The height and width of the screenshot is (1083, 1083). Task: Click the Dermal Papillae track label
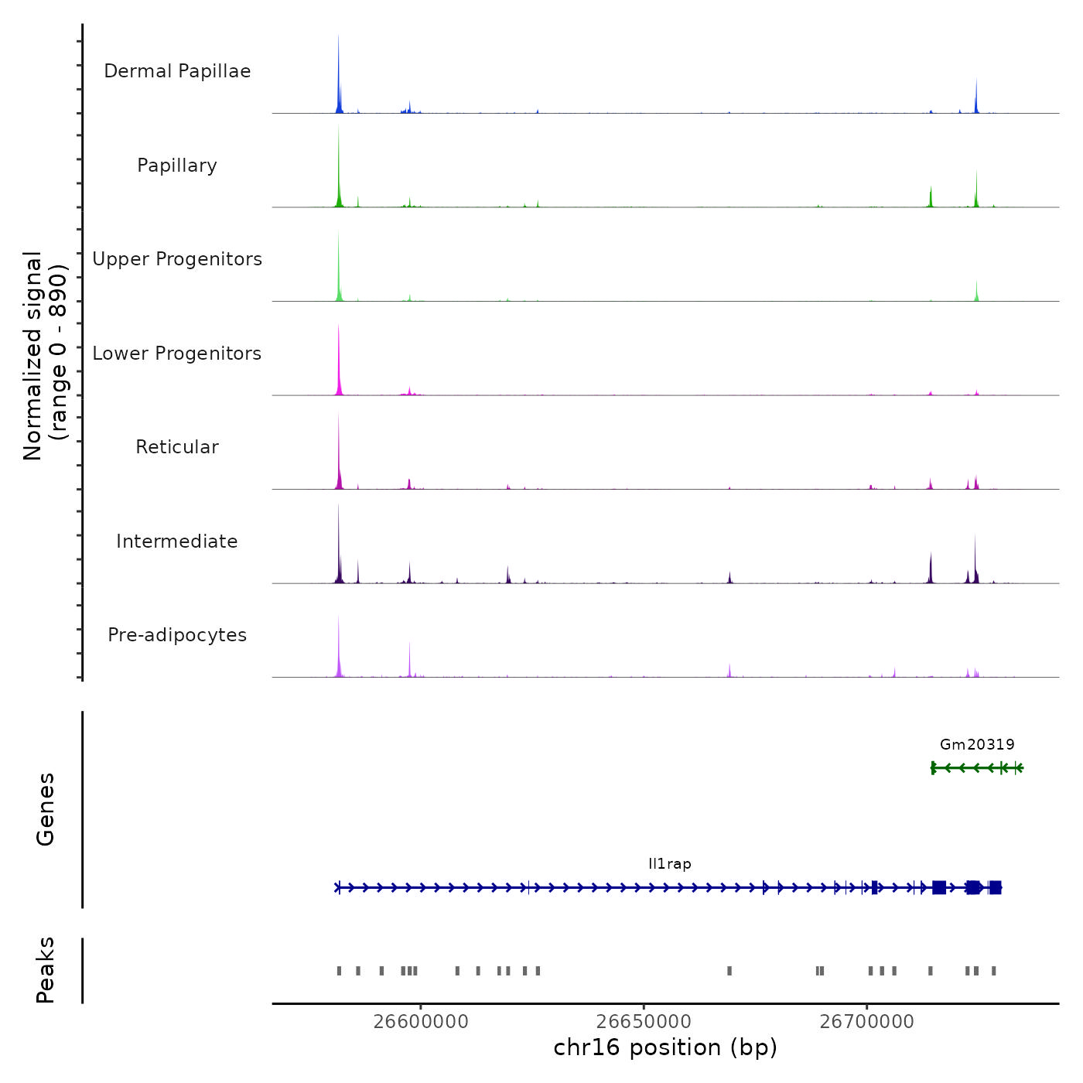click(177, 71)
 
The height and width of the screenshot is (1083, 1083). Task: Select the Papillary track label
click(177, 166)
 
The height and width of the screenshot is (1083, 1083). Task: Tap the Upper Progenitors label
click(177, 259)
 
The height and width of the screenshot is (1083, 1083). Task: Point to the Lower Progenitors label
click(177, 354)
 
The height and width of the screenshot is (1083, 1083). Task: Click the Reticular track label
click(177, 447)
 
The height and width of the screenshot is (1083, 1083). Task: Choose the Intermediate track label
click(177, 541)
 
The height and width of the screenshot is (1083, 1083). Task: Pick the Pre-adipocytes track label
click(177, 635)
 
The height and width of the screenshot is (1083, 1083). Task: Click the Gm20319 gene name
click(977, 744)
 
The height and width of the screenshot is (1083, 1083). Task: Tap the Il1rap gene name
click(670, 863)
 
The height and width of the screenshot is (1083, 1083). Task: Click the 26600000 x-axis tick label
click(421, 1022)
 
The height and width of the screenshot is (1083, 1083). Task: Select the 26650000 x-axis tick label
click(644, 1022)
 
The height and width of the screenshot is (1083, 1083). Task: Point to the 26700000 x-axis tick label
click(867, 1022)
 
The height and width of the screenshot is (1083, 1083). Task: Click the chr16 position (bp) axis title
click(665, 1047)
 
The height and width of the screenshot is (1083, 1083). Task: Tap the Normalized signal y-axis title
click(45, 356)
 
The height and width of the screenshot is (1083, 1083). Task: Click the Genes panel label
click(46, 809)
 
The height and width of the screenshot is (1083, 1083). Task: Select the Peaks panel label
click(46, 970)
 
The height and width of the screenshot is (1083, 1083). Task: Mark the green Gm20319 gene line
click(977, 767)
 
